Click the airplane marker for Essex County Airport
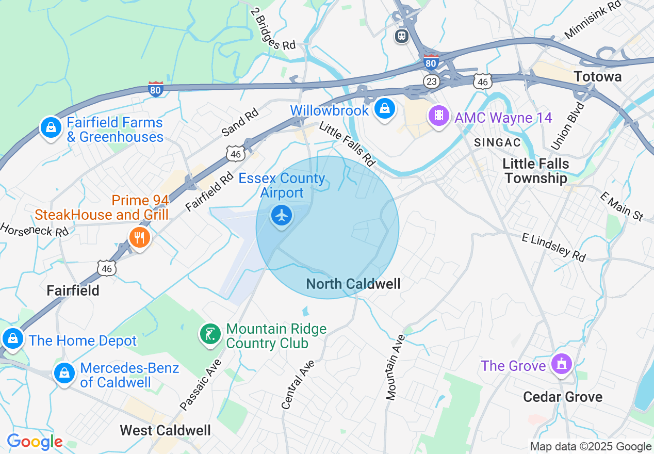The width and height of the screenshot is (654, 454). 281,216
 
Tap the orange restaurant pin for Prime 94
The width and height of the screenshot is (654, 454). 139,238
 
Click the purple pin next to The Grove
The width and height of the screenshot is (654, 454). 561,364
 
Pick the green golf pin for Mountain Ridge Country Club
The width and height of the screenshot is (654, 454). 210,335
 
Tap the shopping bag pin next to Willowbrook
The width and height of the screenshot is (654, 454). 384,109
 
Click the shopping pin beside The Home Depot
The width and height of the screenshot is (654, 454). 13,339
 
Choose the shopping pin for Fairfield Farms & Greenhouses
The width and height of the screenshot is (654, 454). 51,127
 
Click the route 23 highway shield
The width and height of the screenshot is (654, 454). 431,81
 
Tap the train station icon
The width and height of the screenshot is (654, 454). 402,36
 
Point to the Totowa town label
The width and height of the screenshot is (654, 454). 598,77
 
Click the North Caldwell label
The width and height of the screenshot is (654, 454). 353,284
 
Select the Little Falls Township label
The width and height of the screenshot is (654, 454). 536,171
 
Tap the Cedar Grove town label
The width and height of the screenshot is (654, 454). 563,397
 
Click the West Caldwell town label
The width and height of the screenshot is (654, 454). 166,430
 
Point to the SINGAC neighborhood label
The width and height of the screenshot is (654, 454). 497,142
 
